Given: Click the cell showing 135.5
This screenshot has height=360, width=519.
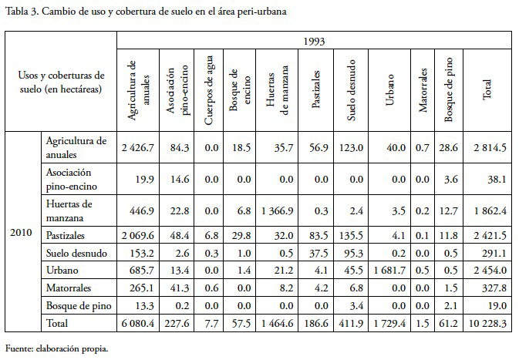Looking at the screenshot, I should [352, 234].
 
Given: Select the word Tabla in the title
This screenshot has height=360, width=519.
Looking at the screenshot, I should [16, 11].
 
